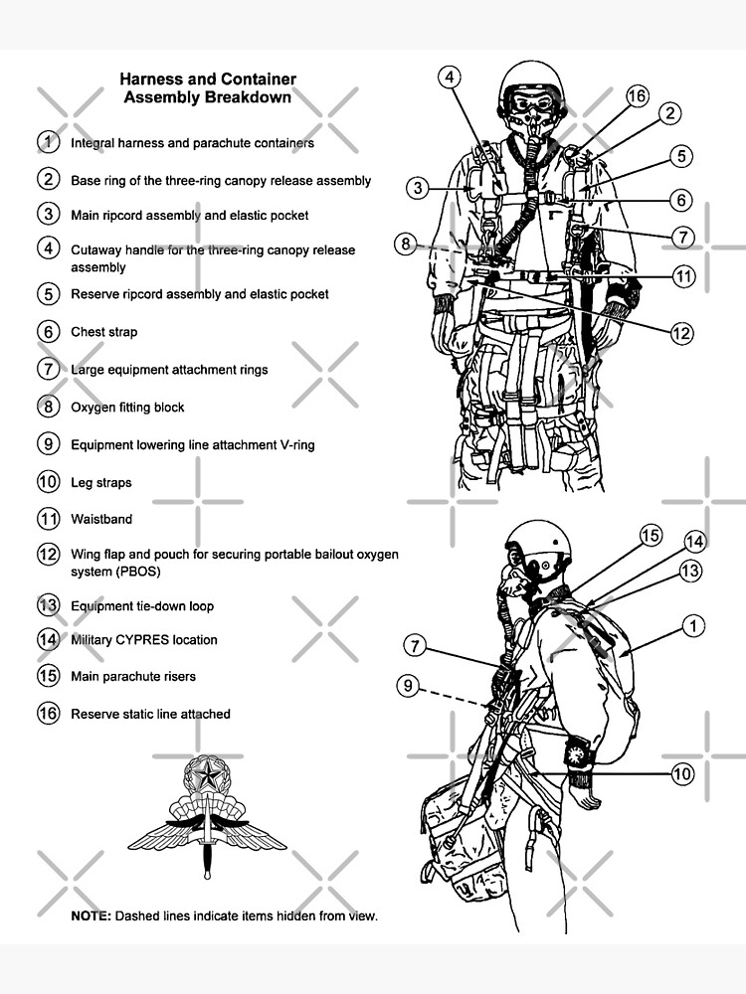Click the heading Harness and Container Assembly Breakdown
click(207, 87)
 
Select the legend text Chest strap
click(103, 332)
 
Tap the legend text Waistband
click(100, 519)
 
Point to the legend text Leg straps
click(100, 483)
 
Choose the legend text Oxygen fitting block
click(127, 408)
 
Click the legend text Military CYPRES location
click(143, 640)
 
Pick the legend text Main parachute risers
click(132, 677)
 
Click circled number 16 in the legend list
click(49, 714)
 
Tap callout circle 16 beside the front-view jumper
click(637, 96)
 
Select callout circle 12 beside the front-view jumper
click(681, 334)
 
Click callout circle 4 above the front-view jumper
click(450, 78)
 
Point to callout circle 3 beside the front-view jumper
click(419, 187)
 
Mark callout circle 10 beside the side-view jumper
click(682, 773)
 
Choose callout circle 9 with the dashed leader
click(409, 684)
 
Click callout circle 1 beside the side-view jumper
click(693, 626)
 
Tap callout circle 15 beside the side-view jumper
click(650, 536)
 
